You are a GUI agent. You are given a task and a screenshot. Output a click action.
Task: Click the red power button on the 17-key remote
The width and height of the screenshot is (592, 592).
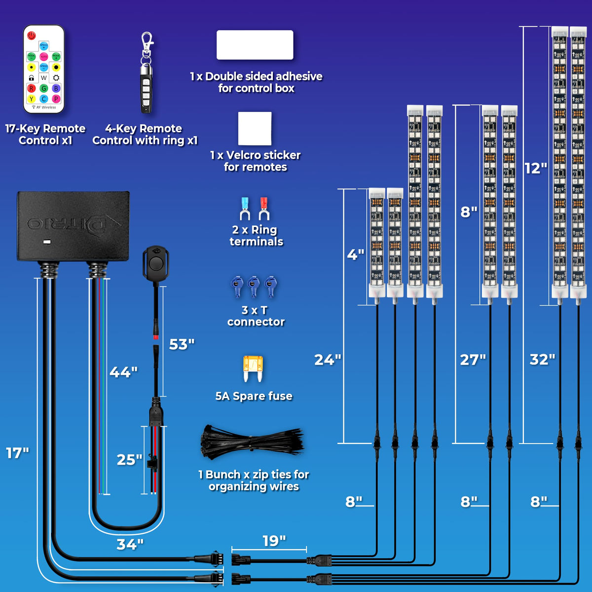(x=32, y=36)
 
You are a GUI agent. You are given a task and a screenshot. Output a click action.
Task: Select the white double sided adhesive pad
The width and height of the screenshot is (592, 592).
(x=255, y=45)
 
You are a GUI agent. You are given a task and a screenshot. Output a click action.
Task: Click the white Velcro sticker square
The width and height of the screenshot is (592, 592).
(x=255, y=128)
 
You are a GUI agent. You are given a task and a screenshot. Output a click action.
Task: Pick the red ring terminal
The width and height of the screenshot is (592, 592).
(x=264, y=208)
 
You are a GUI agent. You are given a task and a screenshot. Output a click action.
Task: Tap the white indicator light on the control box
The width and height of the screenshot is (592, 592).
(x=47, y=242)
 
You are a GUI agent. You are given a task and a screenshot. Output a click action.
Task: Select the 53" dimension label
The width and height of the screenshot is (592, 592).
(x=182, y=344)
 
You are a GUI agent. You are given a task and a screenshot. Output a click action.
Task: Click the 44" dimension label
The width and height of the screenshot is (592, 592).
(x=123, y=372)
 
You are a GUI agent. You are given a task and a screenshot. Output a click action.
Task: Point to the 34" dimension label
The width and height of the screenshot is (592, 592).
(x=130, y=544)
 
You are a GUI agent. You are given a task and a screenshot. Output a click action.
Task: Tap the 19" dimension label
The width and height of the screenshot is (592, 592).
(x=274, y=541)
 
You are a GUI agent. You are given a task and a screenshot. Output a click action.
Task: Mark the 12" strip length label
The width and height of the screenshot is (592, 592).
(x=536, y=168)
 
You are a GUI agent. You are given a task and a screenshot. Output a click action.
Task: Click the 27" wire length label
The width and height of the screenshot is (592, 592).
(x=473, y=360)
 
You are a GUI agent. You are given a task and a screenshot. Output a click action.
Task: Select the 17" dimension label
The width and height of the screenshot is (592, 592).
(x=17, y=453)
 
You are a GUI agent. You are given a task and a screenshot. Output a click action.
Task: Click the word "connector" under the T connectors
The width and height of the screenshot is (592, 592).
(x=256, y=322)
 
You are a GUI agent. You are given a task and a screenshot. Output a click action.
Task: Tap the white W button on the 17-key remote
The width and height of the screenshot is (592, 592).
(x=44, y=78)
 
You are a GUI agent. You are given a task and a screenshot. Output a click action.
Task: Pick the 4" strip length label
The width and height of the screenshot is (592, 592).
(x=355, y=255)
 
